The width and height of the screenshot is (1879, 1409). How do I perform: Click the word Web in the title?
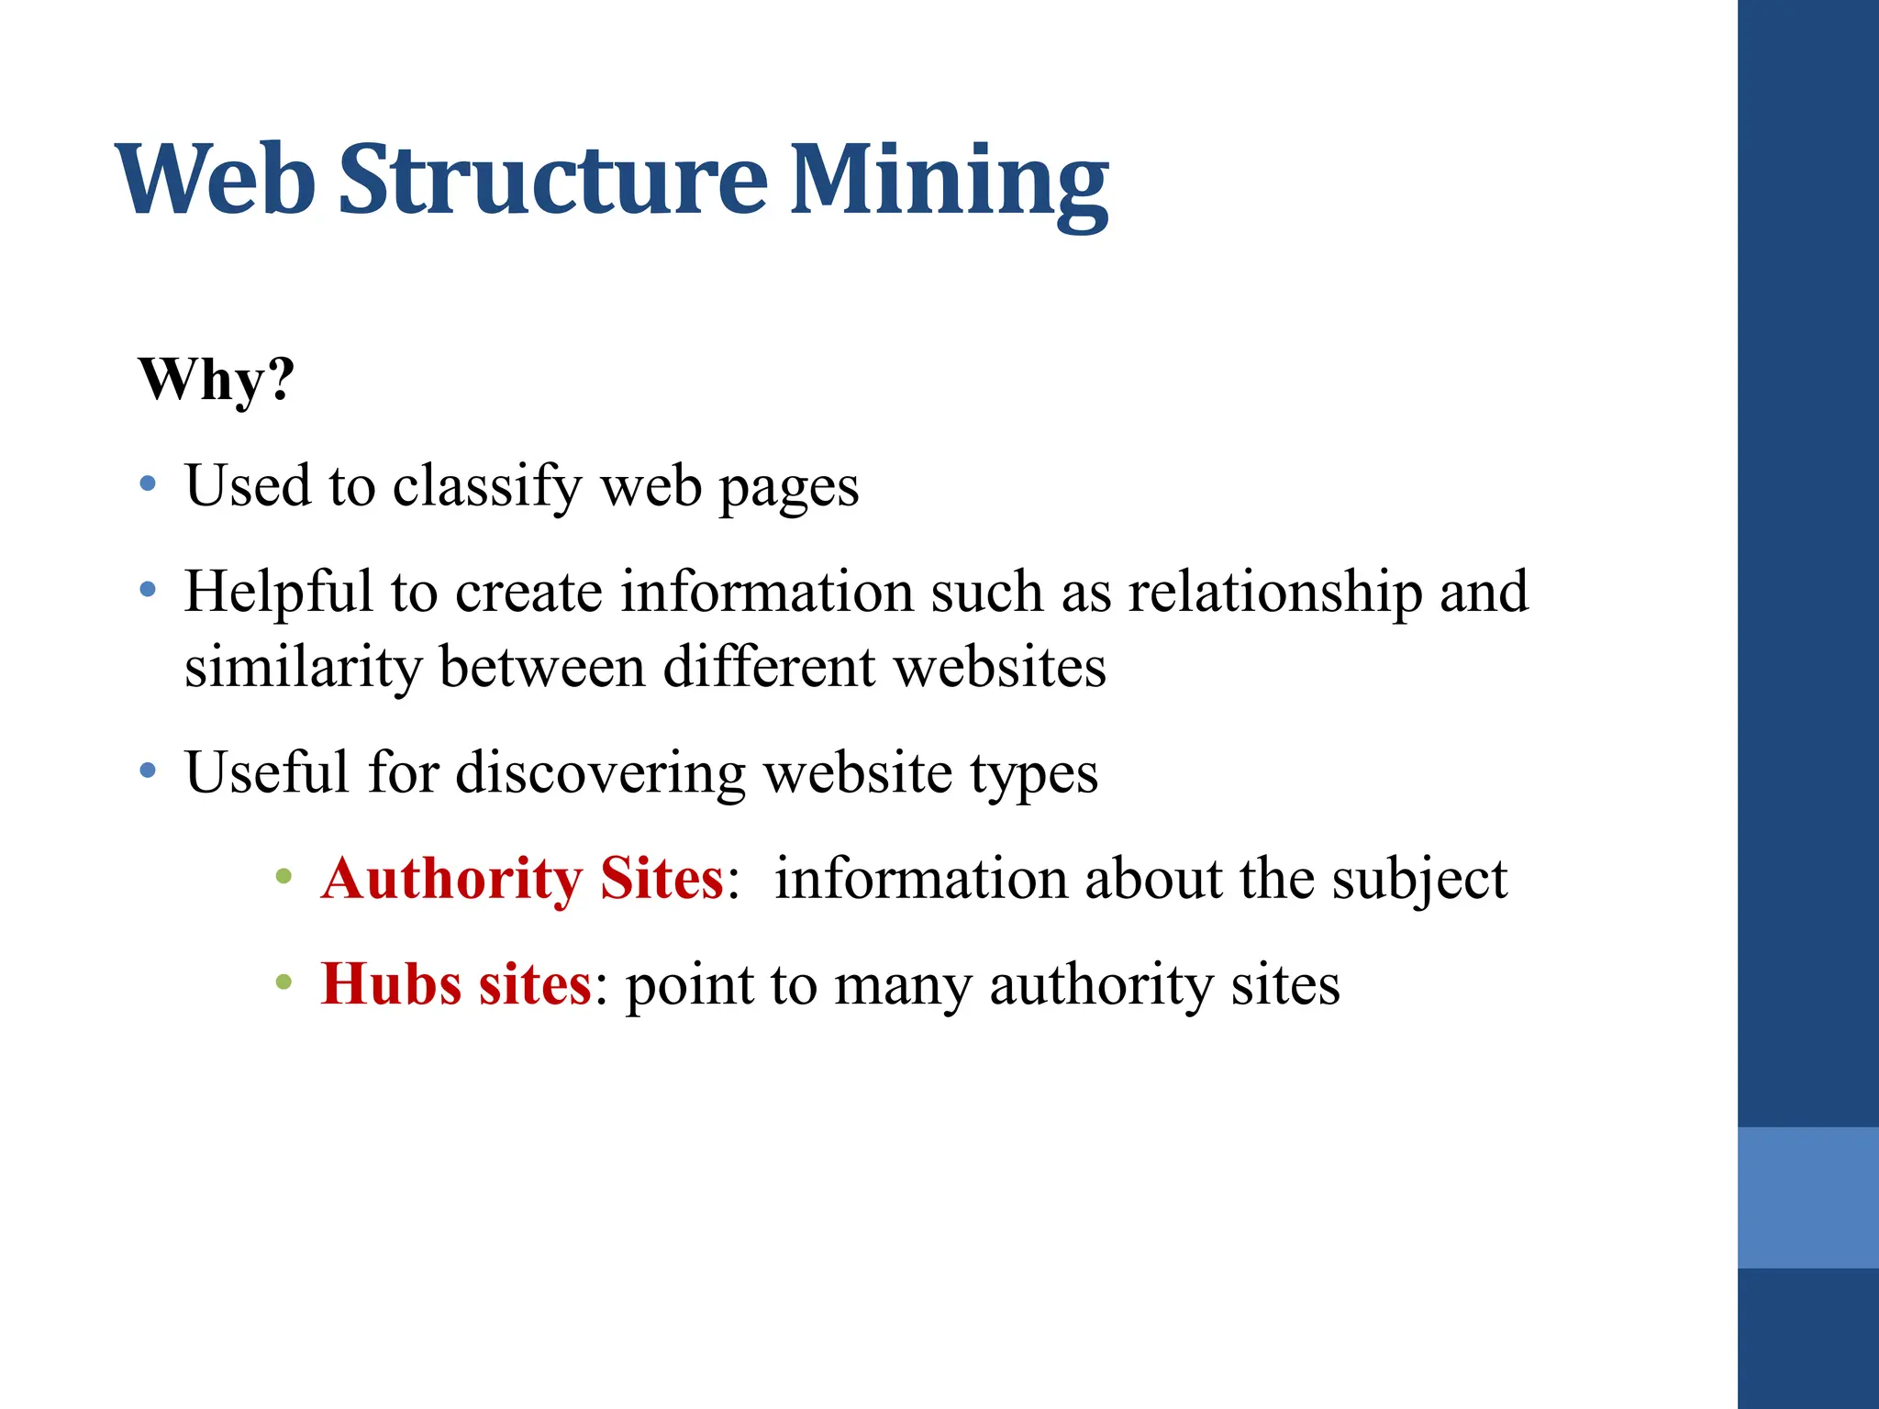(216, 181)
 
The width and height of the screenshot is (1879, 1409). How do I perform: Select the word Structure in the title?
(552, 181)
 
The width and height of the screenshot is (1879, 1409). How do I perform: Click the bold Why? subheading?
(217, 379)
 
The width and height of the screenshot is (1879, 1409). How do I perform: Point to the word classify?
(487, 486)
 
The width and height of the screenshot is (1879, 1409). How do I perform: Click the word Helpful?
(278, 592)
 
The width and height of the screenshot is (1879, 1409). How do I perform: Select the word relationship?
(1275, 592)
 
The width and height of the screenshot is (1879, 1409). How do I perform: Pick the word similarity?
(303, 667)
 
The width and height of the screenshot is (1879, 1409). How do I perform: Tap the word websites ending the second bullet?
(1000, 667)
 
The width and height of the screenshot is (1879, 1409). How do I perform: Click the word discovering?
(600, 772)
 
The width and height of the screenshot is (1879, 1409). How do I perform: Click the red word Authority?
(451, 879)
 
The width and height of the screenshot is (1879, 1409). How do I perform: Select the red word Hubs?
(391, 984)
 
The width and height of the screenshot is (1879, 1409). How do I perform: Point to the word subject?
(1419, 881)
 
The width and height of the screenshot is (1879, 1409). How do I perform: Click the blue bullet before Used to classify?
(148, 483)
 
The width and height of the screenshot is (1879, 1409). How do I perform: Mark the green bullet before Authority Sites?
(284, 877)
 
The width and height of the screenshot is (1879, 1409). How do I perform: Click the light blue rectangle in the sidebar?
(1807, 1197)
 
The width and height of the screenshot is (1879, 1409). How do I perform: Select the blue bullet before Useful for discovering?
(148, 771)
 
